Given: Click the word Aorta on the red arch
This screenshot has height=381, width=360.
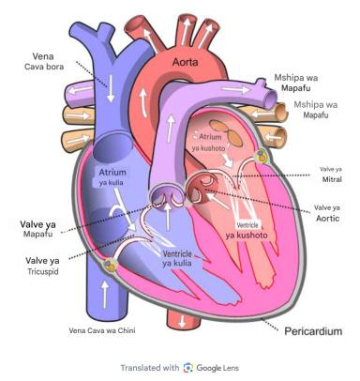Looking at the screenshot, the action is pyautogui.click(x=186, y=62).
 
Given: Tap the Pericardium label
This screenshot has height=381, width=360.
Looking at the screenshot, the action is pyautogui.click(x=313, y=331).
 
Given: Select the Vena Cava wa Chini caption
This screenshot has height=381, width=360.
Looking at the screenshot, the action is pyautogui.click(x=102, y=330).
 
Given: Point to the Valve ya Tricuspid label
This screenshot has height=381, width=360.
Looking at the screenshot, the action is pyautogui.click(x=42, y=266).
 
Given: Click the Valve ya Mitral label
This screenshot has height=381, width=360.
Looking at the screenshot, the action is pyautogui.click(x=331, y=175).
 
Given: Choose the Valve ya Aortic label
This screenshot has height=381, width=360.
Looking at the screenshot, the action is pyautogui.click(x=327, y=213).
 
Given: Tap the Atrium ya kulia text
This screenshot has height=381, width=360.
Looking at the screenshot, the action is pyautogui.click(x=112, y=177).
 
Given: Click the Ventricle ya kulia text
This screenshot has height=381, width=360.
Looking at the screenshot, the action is pyautogui.click(x=177, y=258).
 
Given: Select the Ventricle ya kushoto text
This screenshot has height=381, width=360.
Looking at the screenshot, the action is pyautogui.click(x=247, y=230).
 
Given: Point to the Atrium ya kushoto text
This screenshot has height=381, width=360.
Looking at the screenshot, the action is pyautogui.click(x=209, y=143).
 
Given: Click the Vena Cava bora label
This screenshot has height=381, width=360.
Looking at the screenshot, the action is pyautogui.click(x=44, y=61).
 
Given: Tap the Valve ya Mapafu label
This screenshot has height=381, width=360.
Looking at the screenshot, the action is pyautogui.click(x=37, y=229).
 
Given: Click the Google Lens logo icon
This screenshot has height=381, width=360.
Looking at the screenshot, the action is pyautogui.click(x=188, y=368).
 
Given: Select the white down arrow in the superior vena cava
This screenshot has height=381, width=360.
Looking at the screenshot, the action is pyautogui.click(x=111, y=88).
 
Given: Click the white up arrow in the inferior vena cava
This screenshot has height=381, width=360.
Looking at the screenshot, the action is pyautogui.click(x=105, y=295).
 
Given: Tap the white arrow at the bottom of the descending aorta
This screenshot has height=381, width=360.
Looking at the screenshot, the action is pyautogui.click(x=182, y=321).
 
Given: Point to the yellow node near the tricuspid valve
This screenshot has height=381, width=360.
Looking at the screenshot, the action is pyautogui.click(x=110, y=265).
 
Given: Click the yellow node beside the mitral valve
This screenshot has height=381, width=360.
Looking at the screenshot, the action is pyautogui.click(x=262, y=156).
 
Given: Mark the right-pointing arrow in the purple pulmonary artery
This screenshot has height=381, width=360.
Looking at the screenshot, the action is pyautogui.click(x=235, y=90).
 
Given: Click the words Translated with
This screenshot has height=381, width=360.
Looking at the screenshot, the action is pyautogui.click(x=150, y=368).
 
